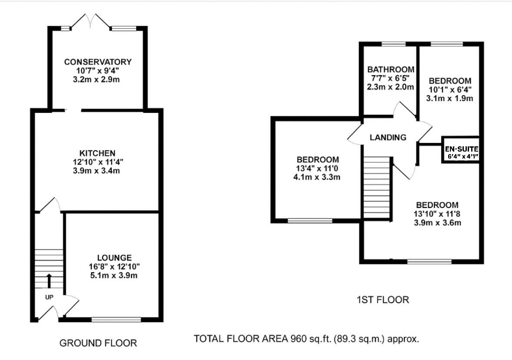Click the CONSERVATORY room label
(x=98, y=62)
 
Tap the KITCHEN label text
(x=97, y=153)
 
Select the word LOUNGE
(x=114, y=258)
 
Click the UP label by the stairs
(x=50, y=297)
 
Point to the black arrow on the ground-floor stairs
(x=49, y=281)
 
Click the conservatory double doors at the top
(x=90, y=21)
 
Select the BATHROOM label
(x=390, y=69)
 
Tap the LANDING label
(x=388, y=137)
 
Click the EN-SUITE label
(x=461, y=149)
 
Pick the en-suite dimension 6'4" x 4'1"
(x=462, y=156)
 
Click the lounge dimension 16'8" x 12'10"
(x=114, y=266)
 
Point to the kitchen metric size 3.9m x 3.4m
(x=96, y=171)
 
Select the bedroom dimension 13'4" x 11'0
(x=317, y=168)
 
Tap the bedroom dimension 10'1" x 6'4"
(x=449, y=89)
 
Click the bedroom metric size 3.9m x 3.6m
(x=438, y=223)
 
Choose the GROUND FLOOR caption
(x=98, y=343)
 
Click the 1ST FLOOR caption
(x=383, y=300)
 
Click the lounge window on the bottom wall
(x=116, y=320)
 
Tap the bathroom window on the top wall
(x=393, y=44)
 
